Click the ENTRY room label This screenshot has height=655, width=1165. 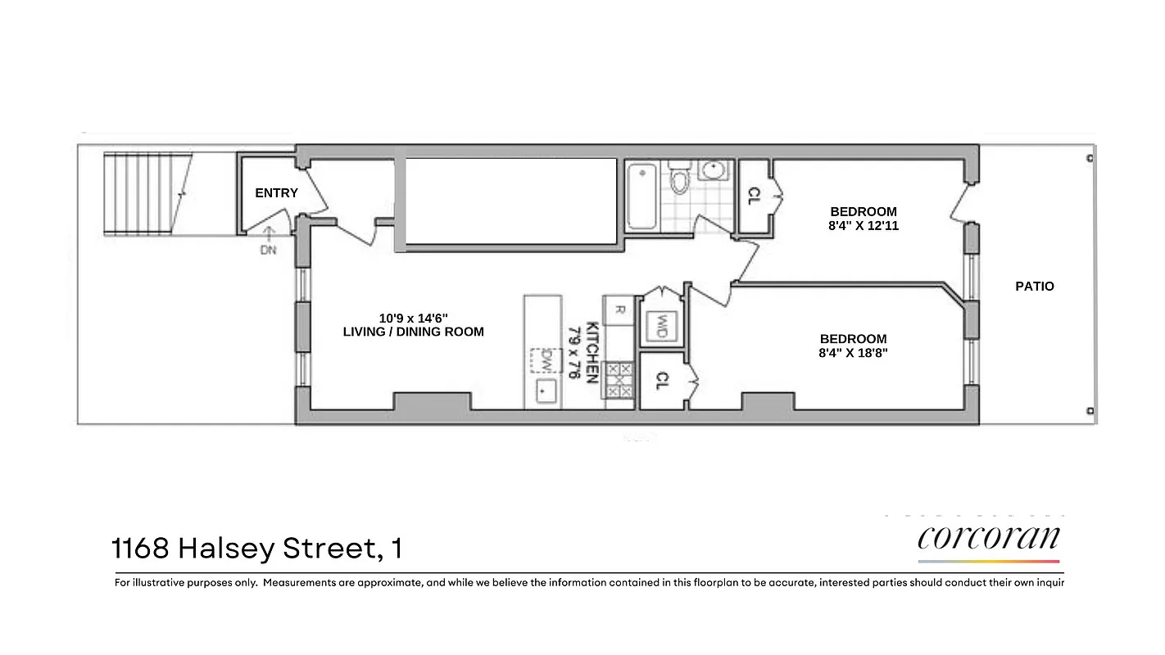276,193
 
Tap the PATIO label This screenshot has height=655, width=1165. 1034,287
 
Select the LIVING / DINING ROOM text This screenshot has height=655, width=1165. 413,332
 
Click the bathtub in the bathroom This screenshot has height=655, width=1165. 641,196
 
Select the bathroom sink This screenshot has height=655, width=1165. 714,171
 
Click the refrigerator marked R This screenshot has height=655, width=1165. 619,310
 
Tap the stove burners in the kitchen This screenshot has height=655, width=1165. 620,381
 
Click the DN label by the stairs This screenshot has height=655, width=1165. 268,251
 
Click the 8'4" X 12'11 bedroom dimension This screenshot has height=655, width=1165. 863,225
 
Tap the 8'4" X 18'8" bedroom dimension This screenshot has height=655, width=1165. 853,353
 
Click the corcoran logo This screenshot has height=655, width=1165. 989,539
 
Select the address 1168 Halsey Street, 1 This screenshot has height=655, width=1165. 256,548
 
